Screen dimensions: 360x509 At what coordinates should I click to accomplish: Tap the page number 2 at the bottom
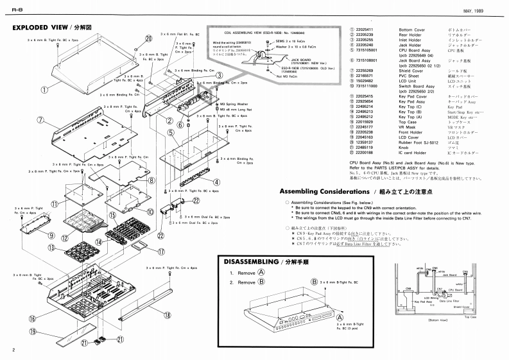coord(13,350)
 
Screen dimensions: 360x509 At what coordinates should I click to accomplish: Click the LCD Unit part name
coord(409,80)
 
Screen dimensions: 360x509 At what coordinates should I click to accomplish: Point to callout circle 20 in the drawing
coord(149,38)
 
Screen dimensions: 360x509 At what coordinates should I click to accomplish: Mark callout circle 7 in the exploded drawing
coord(40,120)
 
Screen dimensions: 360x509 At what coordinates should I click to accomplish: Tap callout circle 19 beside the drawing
coord(33,331)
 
